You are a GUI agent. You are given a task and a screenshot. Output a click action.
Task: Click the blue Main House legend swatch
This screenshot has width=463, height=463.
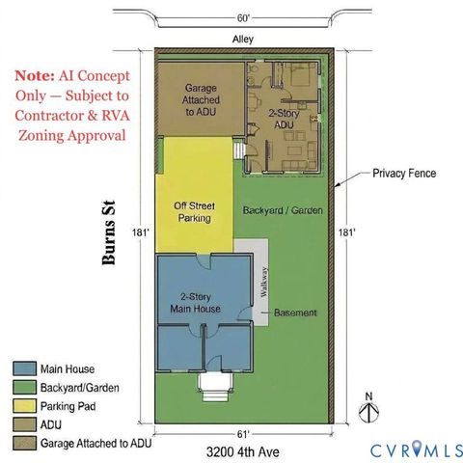[24, 368]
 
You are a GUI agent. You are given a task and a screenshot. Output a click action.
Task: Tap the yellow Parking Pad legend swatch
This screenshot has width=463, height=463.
[24, 406]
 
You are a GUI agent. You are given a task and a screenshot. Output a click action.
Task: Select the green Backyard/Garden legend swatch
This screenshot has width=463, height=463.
[24, 387]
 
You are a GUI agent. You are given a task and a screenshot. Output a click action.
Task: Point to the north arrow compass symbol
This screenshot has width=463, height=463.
[368, 408]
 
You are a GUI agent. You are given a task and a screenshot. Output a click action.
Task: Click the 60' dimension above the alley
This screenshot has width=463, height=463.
[243, 18]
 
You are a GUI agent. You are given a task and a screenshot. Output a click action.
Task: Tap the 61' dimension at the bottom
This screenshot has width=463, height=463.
[243, 434]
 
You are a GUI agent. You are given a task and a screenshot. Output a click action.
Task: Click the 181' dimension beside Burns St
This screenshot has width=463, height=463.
[141, 232]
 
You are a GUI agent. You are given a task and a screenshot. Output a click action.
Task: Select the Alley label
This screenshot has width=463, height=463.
[243, 40]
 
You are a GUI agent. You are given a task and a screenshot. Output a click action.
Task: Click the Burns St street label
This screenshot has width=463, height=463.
[108, 232]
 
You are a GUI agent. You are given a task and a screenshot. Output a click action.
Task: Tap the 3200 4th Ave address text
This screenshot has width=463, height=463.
[243, 451]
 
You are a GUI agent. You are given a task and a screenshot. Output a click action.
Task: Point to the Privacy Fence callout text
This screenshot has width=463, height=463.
[404, 174]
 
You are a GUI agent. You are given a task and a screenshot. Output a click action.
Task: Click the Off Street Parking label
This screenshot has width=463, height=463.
[195, 212]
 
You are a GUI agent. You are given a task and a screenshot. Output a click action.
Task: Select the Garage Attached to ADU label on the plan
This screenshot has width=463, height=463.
[201, 99]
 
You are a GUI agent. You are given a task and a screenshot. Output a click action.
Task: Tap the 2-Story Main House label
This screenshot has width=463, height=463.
[196, 303]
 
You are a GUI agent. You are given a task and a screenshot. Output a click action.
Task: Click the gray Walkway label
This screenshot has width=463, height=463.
[264, 282]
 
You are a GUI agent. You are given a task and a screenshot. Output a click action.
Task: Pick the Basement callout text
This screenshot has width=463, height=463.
[295, 313]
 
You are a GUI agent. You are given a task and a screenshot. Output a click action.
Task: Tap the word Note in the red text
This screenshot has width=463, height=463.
[35, 75]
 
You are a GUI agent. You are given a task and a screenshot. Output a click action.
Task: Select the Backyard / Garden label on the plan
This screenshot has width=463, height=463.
[283, 210]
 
